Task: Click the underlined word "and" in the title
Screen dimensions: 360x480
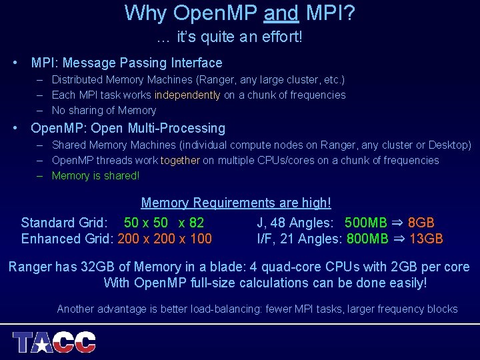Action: click(281, 13)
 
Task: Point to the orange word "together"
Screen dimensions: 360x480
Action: click(180, 160)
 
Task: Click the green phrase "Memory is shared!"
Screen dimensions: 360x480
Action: click(95, 176)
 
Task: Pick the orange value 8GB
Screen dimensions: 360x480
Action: click(421, 223)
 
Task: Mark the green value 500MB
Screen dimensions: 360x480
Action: click(366, 223)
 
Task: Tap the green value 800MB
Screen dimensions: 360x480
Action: click(367, 239)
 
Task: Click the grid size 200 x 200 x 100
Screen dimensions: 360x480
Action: click(165, 239)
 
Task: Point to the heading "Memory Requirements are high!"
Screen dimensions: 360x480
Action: click(236, 203)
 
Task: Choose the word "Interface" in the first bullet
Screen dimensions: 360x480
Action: click(194, 63)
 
